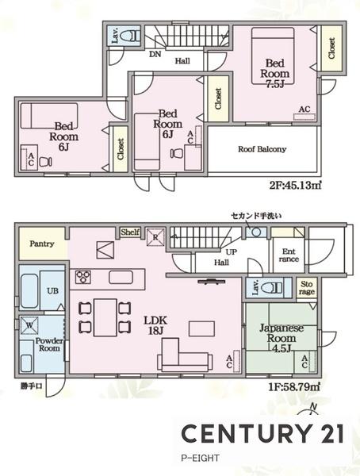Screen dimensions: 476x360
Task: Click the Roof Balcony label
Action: tap(262, 149)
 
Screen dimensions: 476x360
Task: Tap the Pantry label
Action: tap(42, 244)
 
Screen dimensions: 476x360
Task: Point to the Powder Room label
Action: tap(49, 344)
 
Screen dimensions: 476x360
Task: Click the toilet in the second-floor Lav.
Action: tap(132, 36)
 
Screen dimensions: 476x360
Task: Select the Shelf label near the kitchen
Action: tap(131, 232)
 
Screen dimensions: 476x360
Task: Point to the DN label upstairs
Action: tap(155, 55)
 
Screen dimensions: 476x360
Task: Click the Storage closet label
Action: tap(308, 287)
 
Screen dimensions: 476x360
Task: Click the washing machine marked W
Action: tap(29, 324)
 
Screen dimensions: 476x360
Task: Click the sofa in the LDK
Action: tap(183, 354)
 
